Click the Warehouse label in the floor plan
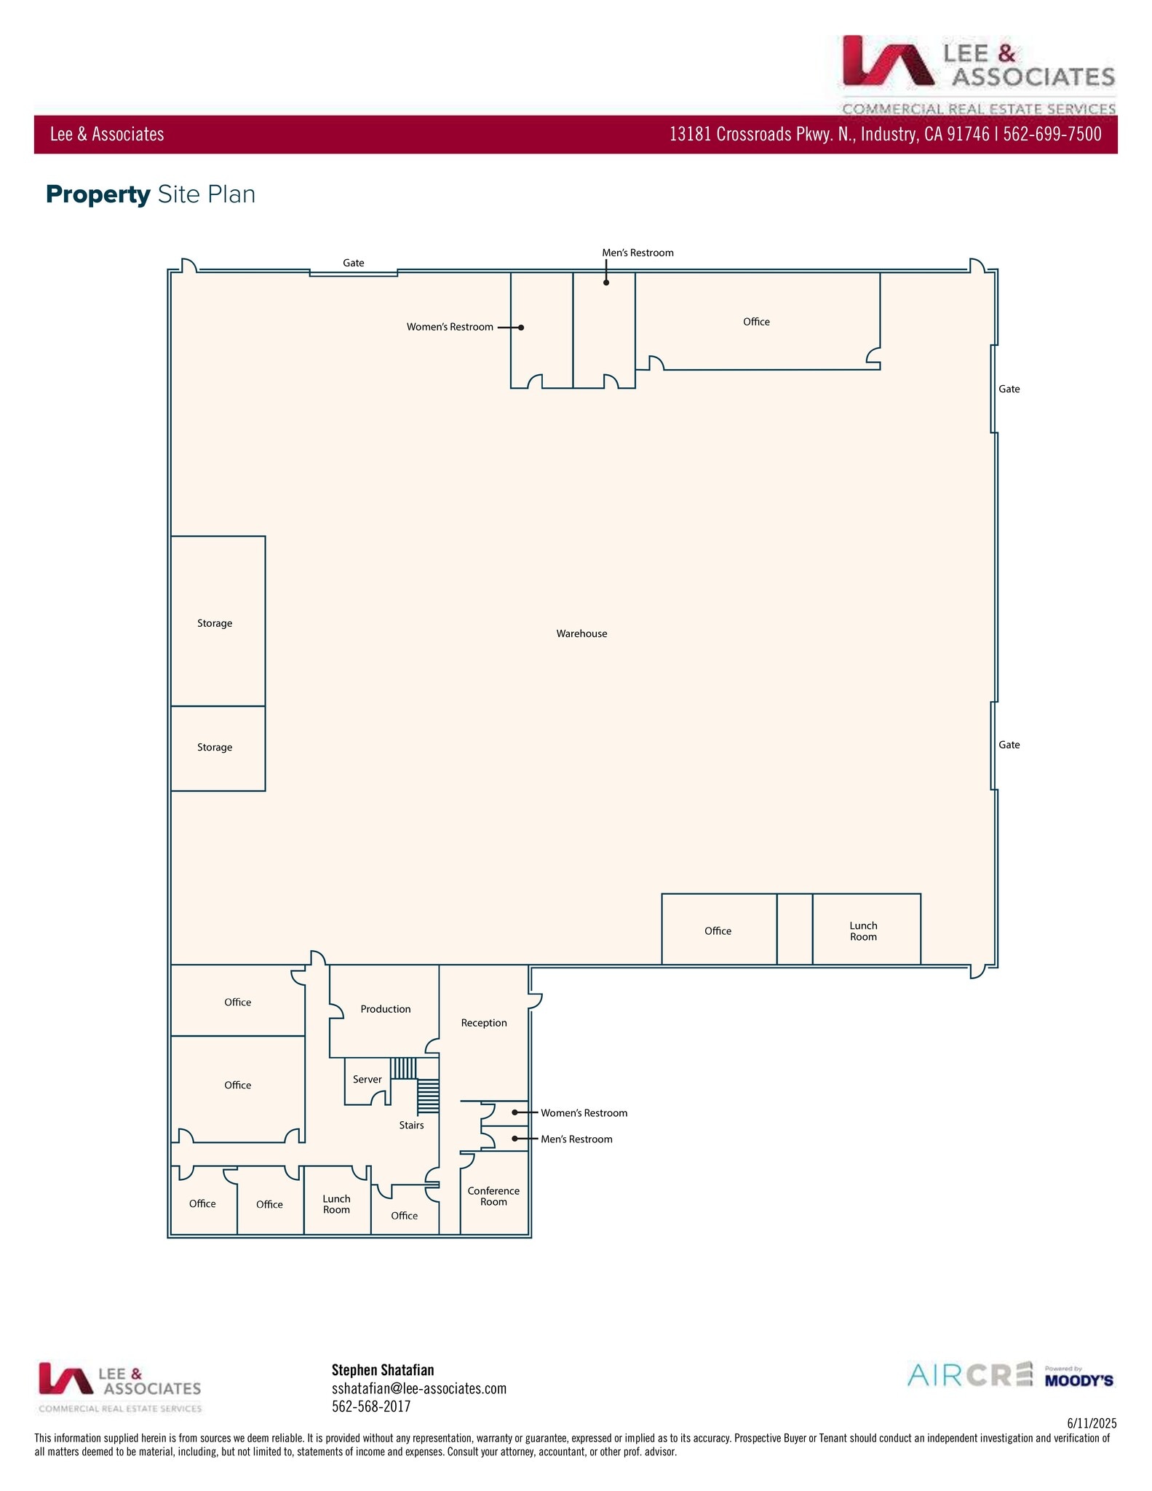click(x=581, y=633)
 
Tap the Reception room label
click(x=483, y=1023)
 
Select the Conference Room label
click(x=493, y=1196)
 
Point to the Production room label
click(x=385, y=1009)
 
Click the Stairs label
click(x=411, y=1126)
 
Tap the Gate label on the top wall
click(x=354, y=263)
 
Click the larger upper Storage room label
click(x=215, y=623)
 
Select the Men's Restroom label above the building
click(x=637, y=253)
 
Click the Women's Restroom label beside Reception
click(x=584, y=1113)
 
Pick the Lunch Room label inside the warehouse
click(x=863, y=931)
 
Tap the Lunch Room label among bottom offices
click(x=336, y=1204)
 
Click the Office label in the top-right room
click(x=756, y=322)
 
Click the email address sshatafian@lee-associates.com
click(x=418, y=1388)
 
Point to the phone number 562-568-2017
click(x=371, y=1407)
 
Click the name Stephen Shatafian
click(x=383, y=1369)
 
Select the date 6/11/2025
click(x=1092, y=1423)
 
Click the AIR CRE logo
click(x=969, y=1375)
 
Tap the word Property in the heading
click(x=98, y=194)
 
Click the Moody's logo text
click(x=1078, y=1380)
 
